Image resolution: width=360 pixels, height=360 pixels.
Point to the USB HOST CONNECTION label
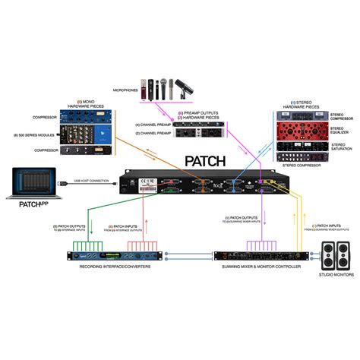pos(91,180)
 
